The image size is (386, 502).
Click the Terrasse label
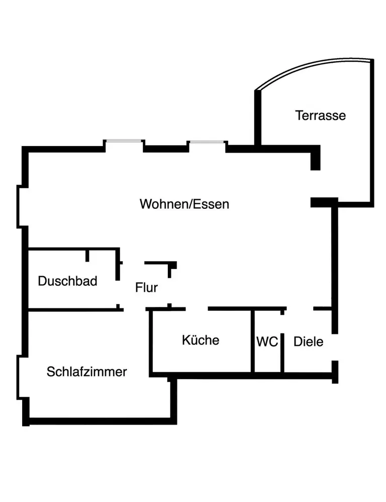pyautogui.click(x=321, y=115)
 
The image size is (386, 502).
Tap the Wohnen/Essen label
pyautogui.click(x=184, y=204)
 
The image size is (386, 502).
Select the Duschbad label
pyautogui.click(x=67, y=281)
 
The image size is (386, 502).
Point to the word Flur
pyautogui.click(x=146, y=288)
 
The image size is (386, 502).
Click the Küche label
pyautogui.click(x=201, y=340)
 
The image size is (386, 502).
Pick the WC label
pyautogui.click(x=267, y=342)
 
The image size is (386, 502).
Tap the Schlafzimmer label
pyautogui.click(x=86, y=372)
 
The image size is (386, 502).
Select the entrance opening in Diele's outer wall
pyautogui.click(x=334, y=347)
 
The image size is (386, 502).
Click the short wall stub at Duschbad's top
pyautogui.click(x=87, y=255)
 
